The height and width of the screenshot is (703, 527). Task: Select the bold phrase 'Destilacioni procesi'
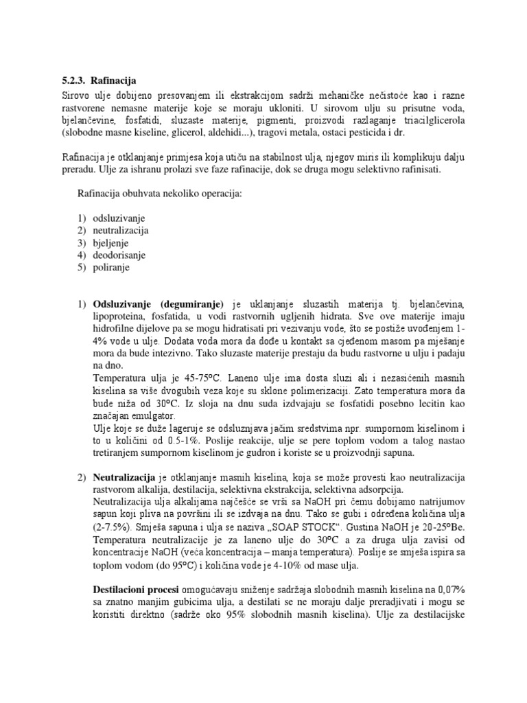click(135, 590)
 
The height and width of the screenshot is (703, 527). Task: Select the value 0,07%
click(452, 590)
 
